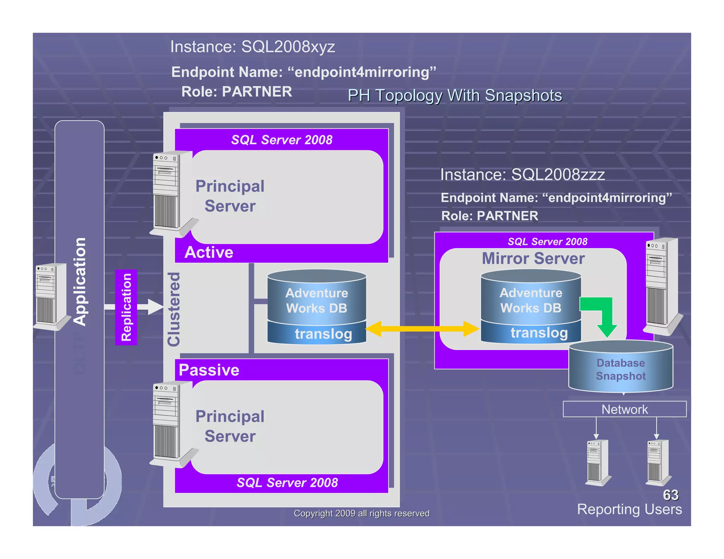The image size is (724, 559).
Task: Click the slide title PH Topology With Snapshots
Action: coord(455,95)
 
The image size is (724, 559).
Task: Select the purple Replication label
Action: coord(126,307)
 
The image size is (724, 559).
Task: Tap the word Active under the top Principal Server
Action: coord(209,252)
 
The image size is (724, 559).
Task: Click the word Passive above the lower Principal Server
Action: coord(209,370)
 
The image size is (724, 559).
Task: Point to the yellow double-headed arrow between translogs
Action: coord(422,329)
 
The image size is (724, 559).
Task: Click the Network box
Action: coord(624,409)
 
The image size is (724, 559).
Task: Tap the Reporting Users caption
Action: coord(629,509)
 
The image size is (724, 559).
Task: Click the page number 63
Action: coord(671,495)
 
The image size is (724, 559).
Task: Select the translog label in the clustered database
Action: coord(323,334)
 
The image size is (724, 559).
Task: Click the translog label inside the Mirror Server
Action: coord(539,333)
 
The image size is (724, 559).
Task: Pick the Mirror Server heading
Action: coord(533,258)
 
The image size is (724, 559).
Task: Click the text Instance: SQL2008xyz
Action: coord(252,47)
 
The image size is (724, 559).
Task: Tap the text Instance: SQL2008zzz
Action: coord(522,175)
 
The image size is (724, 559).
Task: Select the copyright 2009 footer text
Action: coord(362,513)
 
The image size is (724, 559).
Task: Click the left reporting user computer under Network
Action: coord(597,462)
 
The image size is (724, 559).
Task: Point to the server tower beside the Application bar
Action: coord(52,296)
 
